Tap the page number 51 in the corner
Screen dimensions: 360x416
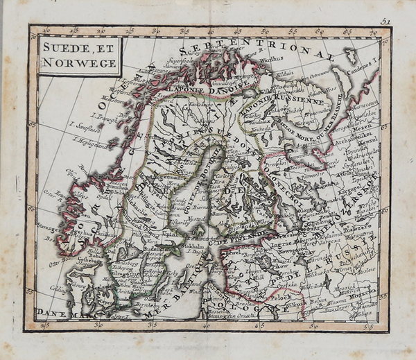coord(385,22)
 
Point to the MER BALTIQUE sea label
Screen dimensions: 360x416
coord(173,291)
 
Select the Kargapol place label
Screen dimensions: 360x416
coord(349,188)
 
